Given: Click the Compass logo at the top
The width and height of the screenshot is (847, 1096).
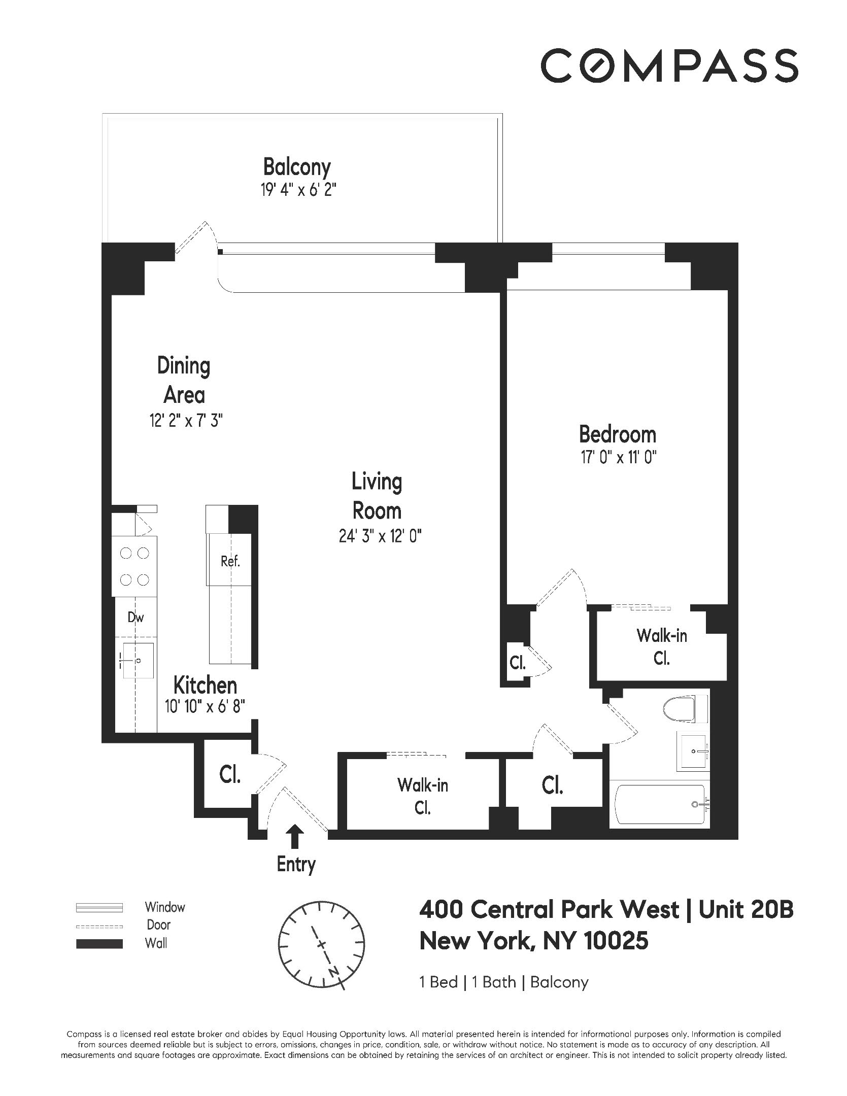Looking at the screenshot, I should click(669, 65).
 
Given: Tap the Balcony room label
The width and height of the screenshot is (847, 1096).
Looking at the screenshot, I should click(297, 167).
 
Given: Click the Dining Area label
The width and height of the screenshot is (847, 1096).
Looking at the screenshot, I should click(184, 380).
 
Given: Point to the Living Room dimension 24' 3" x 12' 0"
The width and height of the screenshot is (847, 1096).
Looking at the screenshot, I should click(380, 536).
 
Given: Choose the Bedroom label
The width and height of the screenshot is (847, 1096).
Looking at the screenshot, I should click(618, 435).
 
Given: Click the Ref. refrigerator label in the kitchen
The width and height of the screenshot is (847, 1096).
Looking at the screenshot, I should click(230, 561).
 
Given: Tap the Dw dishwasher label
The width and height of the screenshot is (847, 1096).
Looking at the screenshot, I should click(135, 617).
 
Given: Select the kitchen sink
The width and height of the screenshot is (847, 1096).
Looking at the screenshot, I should click(138, 660).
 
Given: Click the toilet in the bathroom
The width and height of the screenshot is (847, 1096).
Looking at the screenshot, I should click(685, 709).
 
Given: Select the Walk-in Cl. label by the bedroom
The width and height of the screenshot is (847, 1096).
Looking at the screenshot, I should click(662, 646).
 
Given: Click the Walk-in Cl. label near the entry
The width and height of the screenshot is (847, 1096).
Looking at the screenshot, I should click(423, 796).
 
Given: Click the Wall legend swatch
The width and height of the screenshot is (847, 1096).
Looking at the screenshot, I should click(99, 944).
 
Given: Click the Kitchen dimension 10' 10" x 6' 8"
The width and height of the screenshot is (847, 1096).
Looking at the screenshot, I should click(205, 706).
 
